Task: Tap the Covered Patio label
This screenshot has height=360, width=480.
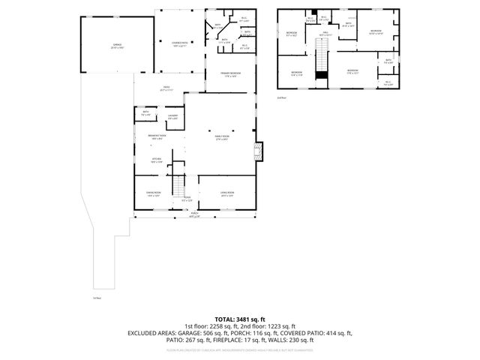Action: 179,44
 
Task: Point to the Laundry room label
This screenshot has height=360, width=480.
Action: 172,117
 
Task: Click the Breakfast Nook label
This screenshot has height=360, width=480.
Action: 156,137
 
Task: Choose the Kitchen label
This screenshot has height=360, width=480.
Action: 157,160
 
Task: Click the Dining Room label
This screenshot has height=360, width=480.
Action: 154,194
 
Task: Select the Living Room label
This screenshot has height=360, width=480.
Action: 227,194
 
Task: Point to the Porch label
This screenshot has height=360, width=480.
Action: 194,214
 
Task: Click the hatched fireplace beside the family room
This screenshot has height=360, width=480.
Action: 259,151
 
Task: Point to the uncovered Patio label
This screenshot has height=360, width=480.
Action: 166,88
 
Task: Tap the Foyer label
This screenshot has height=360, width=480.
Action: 187,199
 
